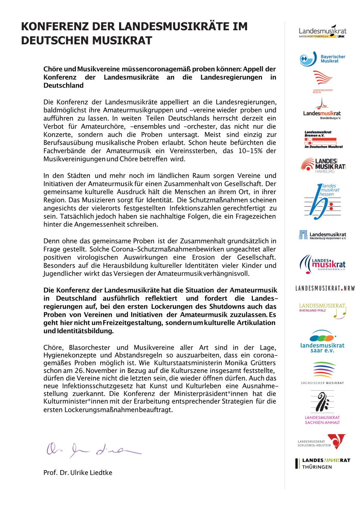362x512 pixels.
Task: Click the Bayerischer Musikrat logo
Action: (322, 59)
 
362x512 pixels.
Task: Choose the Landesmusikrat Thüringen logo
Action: (323, 464)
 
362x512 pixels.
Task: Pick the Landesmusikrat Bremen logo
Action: (323, 139)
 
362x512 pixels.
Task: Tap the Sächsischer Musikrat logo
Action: (322, 373)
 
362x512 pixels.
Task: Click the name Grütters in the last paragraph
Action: (262, 363)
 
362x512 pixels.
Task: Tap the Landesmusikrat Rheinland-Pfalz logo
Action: (322, 311)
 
